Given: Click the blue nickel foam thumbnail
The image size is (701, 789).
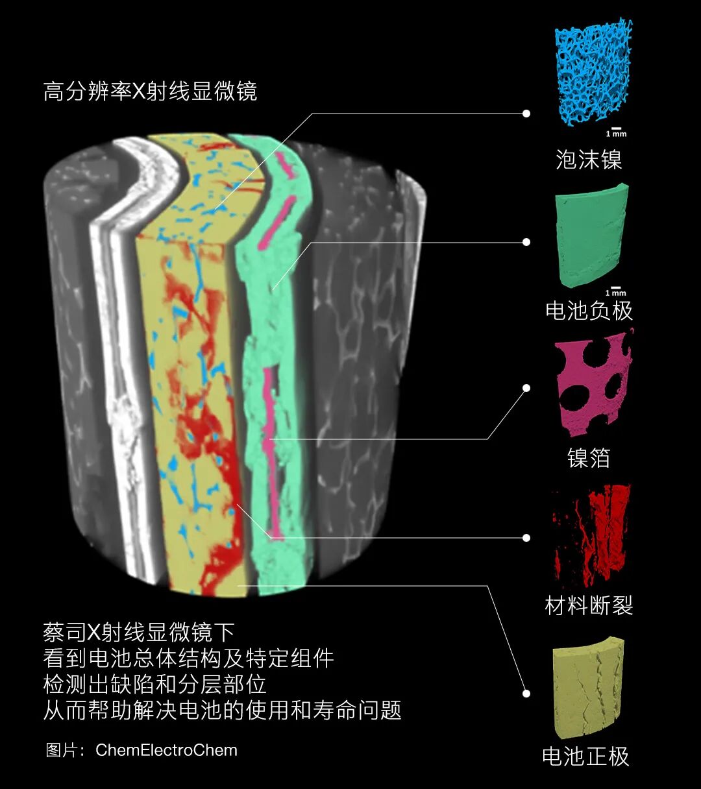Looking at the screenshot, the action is [x=592, y=73].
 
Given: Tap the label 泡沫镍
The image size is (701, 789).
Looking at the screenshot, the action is [x=589, y=160].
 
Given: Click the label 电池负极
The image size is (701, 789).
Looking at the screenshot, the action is [x=589, y=311].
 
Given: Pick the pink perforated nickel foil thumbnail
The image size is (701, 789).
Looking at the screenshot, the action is [x=593, y=384].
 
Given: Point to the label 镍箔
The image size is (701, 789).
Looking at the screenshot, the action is [x=589, y=458].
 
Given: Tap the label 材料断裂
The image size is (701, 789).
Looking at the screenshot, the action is [x=589, y=606].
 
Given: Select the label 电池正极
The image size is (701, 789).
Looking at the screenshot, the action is [x=585, y=757].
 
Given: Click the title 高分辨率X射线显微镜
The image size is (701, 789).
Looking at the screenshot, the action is [x=150, y=91].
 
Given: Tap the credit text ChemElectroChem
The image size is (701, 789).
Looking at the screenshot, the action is [x=166, y=750].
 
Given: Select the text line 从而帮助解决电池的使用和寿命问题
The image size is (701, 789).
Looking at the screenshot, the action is [x=222, y=710].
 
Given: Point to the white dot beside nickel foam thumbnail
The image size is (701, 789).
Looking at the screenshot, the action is [x=526, y=114].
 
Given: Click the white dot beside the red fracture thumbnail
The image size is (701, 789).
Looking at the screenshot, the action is [x=526, y=537].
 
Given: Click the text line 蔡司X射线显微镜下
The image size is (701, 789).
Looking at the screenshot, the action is [x=139, y=632].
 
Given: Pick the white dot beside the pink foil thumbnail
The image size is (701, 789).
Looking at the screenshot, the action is [x=526, y=388].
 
